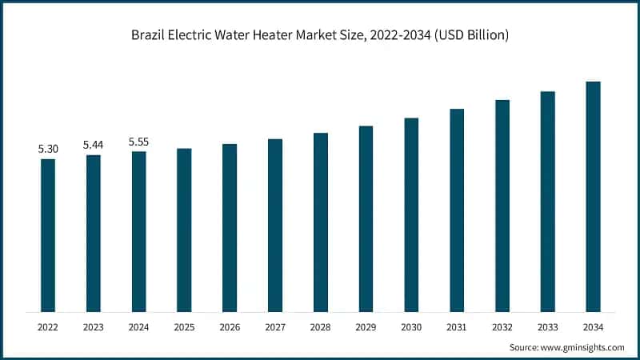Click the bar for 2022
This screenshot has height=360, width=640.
pos(48,235)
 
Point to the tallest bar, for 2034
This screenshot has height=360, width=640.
pos(593,196)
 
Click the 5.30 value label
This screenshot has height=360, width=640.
pos(48,149)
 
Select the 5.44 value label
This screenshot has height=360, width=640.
pos(94,145)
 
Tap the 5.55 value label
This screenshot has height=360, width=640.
pos(138,142)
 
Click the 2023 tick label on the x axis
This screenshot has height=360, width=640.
pos(94,326)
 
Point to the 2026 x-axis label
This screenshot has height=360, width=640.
pos(230,326)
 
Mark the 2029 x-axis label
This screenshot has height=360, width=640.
pos(366,326)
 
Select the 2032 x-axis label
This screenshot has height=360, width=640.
pos(502,326)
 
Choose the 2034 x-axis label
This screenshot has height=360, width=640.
pos(593,326)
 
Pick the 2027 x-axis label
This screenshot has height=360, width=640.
pos(275,326)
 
